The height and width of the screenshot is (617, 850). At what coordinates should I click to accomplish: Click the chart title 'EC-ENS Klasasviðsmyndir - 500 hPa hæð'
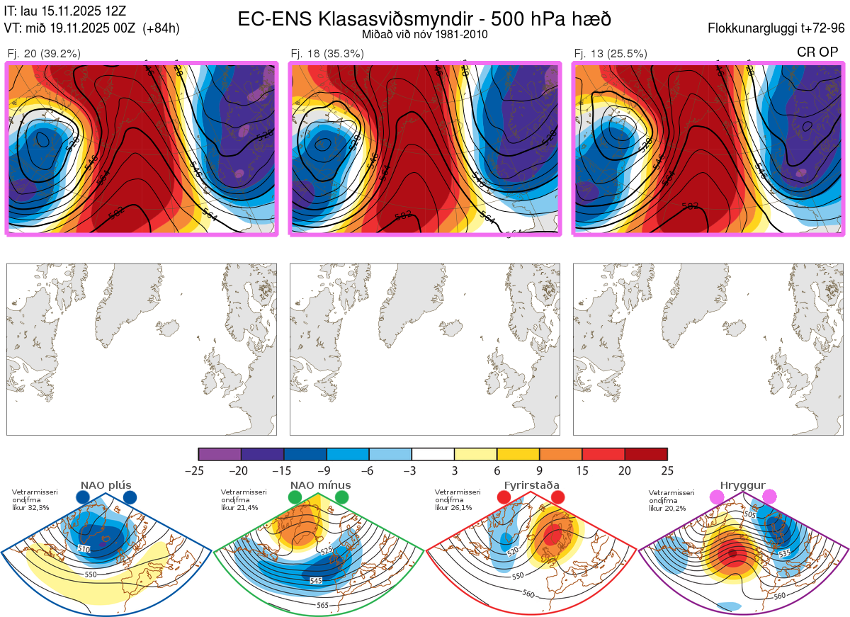(424, 19)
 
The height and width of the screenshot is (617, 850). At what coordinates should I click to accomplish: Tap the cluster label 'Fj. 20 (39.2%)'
(44, 53)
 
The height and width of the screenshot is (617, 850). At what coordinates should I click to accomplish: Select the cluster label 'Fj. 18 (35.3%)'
(327, 53)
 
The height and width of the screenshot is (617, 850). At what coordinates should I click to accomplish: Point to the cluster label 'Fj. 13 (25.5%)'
(611, 53)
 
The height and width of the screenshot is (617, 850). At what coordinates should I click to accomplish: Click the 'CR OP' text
(818, 52)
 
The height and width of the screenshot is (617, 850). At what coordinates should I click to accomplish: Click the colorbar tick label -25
(198, 470)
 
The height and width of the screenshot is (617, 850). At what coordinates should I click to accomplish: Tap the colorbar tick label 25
(667, 470)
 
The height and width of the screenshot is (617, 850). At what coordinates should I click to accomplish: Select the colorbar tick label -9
(327, 470)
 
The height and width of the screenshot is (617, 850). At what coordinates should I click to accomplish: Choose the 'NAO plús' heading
(106, 485)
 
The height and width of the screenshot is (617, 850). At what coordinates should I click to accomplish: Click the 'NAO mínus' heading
(320, 485)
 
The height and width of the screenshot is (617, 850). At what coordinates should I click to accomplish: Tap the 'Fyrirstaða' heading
(531, 485)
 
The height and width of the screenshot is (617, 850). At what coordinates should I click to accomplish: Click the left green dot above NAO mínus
(295, 498)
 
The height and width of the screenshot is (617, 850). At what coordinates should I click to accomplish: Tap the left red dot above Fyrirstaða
(504, 497)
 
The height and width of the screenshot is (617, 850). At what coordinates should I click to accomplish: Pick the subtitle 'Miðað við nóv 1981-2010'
(424, 34)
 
